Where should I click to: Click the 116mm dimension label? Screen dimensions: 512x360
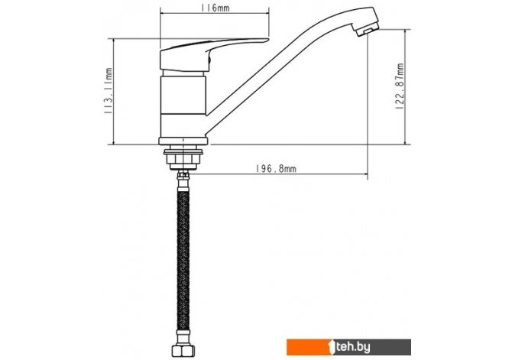215,7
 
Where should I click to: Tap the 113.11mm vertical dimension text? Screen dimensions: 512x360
108,91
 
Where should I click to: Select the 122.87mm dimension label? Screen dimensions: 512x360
400,86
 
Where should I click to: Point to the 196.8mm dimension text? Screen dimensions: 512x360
276,168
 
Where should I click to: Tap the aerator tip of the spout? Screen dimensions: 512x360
368,30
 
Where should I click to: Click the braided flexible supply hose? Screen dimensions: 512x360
183,261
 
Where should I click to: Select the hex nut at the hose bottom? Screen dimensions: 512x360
183,351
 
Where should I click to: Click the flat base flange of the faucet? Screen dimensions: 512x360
183,141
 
